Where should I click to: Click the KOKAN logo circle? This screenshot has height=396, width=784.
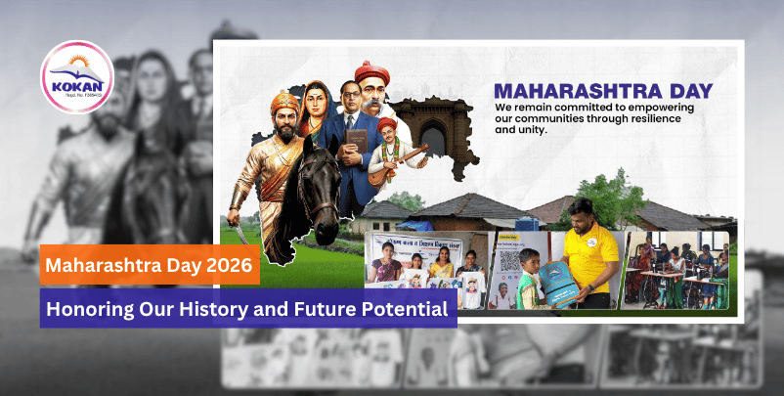pyautogui.click(x=76, y=76)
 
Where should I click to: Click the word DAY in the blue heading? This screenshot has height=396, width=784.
pyautogui.click(x=685, y=92)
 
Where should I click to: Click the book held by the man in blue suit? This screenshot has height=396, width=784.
pyautogui.click(x=356, y=142)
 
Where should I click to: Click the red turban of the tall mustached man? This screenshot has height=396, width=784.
pyautogui.click(x=371, y=71)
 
